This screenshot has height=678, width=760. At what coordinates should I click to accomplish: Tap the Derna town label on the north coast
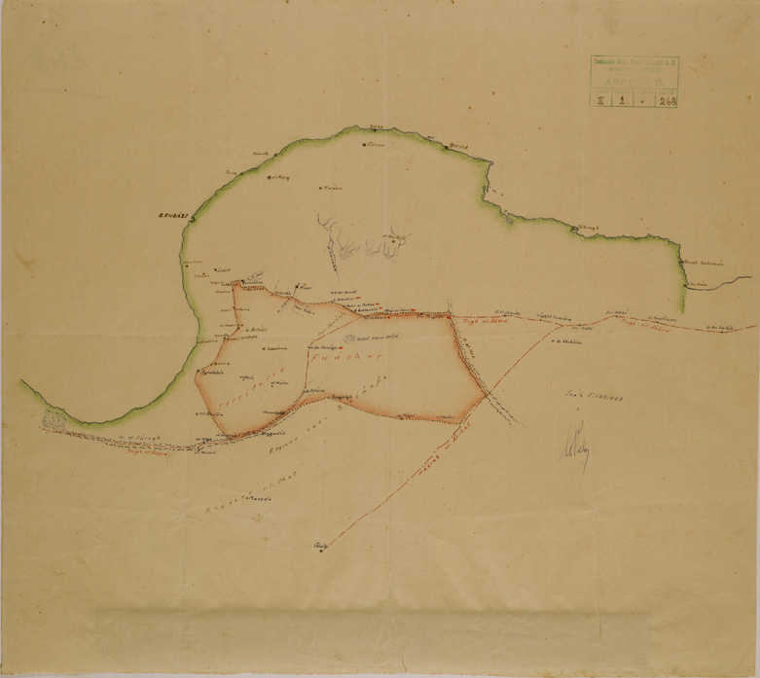458,146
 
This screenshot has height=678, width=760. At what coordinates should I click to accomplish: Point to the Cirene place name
375,145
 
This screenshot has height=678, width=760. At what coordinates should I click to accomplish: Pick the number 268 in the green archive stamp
667,99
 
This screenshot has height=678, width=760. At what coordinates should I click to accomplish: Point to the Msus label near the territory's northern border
305,288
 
